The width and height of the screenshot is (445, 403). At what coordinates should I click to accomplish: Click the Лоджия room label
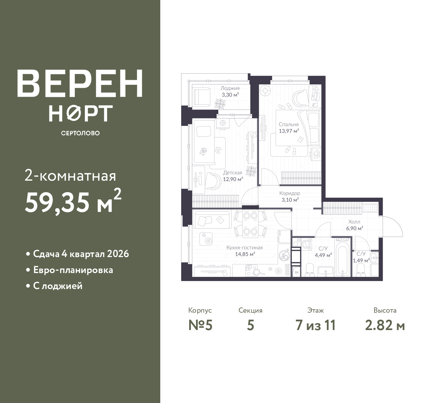point(230,89)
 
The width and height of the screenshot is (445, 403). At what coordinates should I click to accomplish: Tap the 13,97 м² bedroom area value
point(289,131)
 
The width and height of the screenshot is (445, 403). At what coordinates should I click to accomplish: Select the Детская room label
point(233,172)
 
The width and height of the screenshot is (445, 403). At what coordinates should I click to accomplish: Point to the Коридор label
point(290,193)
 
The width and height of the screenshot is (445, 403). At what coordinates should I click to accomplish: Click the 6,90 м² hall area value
point(355,228)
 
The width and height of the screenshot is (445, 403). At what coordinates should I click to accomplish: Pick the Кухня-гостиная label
point(245,248)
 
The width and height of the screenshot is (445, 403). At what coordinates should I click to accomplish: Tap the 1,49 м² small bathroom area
point(361,260)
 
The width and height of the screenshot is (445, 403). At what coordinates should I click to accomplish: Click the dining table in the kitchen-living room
point(250,224)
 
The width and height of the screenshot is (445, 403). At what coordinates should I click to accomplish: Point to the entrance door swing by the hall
point(392,226)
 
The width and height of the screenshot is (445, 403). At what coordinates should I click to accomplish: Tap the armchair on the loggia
point(202,96)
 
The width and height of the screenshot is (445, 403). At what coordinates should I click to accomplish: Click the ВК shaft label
point(297,272)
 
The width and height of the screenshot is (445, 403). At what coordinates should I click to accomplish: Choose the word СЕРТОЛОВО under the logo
point(80,133)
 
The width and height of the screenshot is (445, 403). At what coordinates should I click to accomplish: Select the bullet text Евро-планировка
point(73,270)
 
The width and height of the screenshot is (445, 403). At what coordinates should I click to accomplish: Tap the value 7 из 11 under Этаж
point(315,326)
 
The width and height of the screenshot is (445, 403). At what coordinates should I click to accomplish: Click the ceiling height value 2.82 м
point(385,326)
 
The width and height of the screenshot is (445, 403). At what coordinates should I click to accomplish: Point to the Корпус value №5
point(200,326)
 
